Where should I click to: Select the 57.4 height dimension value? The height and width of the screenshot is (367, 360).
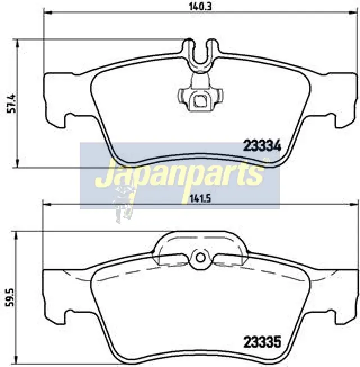pos(11,103)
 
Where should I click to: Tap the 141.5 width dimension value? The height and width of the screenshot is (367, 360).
pos(197,199)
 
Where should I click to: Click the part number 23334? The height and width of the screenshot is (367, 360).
pos(262,146)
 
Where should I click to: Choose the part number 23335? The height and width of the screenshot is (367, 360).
pos(262,342)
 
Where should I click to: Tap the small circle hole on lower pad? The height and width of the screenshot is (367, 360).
pos(200,258)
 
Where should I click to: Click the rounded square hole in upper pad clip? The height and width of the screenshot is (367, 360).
pos(200,101)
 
